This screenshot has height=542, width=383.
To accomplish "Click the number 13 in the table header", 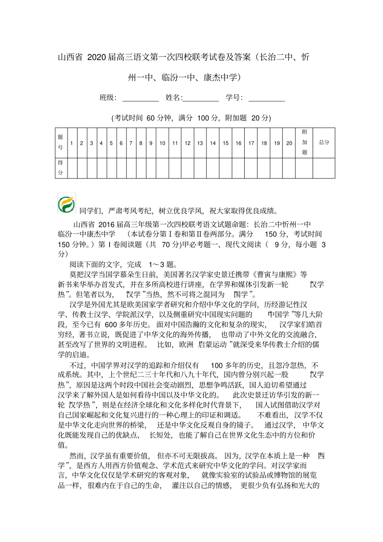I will click(200, 143).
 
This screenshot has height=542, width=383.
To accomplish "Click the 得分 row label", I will click(60, 168).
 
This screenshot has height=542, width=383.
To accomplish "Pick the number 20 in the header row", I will click(289, 143).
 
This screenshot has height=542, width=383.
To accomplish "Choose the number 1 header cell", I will click(71, 143).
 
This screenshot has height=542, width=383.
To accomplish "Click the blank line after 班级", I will click(140, 98).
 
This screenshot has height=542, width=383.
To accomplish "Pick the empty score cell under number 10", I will click(162, 168).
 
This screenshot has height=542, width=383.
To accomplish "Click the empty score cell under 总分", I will click(324, 168).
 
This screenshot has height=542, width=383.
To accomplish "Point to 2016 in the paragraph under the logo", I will click(107, 224).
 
